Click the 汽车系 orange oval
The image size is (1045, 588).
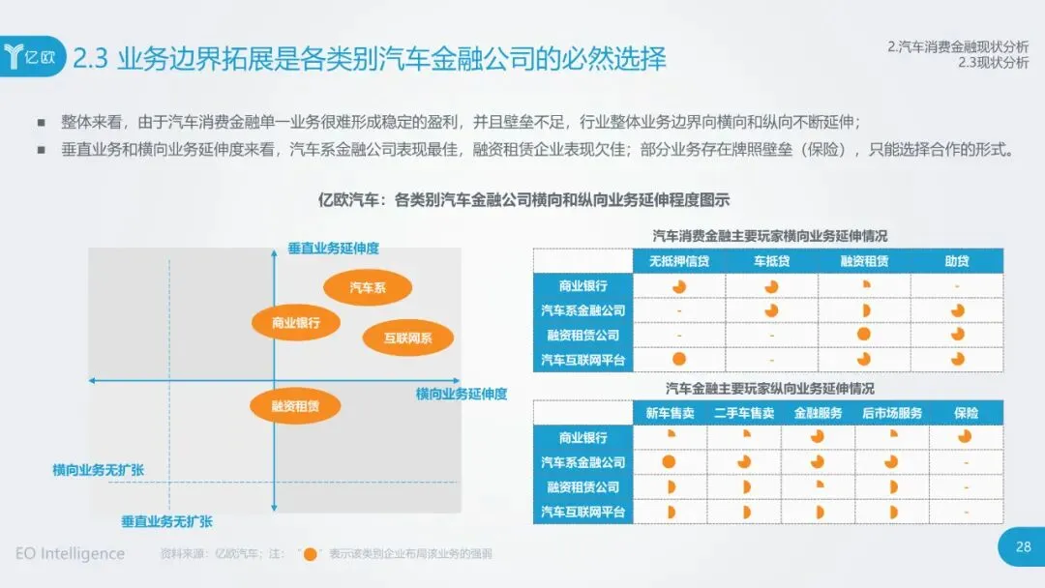(x=368, y=287)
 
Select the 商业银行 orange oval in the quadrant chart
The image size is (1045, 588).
(x=295, y=323)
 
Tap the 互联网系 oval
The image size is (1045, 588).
(x=407, y=338)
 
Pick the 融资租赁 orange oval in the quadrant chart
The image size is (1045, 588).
(x=294, y=406)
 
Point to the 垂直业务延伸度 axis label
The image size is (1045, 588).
(x=333, y=249)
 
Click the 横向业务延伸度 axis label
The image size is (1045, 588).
(x=462, y=394)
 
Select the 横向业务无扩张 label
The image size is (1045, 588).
(x=99, y=470)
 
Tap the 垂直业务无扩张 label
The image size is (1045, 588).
(x=166, y=520)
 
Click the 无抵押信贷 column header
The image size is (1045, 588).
(x=679, y=261)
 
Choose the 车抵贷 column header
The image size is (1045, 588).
(x=771, y=261)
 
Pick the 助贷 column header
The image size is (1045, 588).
(x=957, y=261)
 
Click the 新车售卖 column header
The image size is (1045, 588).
(x=670, y=413)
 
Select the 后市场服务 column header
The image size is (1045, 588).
(x=892, y=413)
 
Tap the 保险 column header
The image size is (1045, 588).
(x=966, y=413)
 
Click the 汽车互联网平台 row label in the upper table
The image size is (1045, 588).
(x=583, y=360)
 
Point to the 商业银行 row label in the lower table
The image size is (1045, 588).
(x=583, y=437)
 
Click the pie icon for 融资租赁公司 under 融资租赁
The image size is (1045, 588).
(x=864, y=335)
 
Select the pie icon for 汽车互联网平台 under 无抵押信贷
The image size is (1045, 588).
(x=679, y=360)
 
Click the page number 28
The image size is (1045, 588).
(x=1023, y=547)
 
